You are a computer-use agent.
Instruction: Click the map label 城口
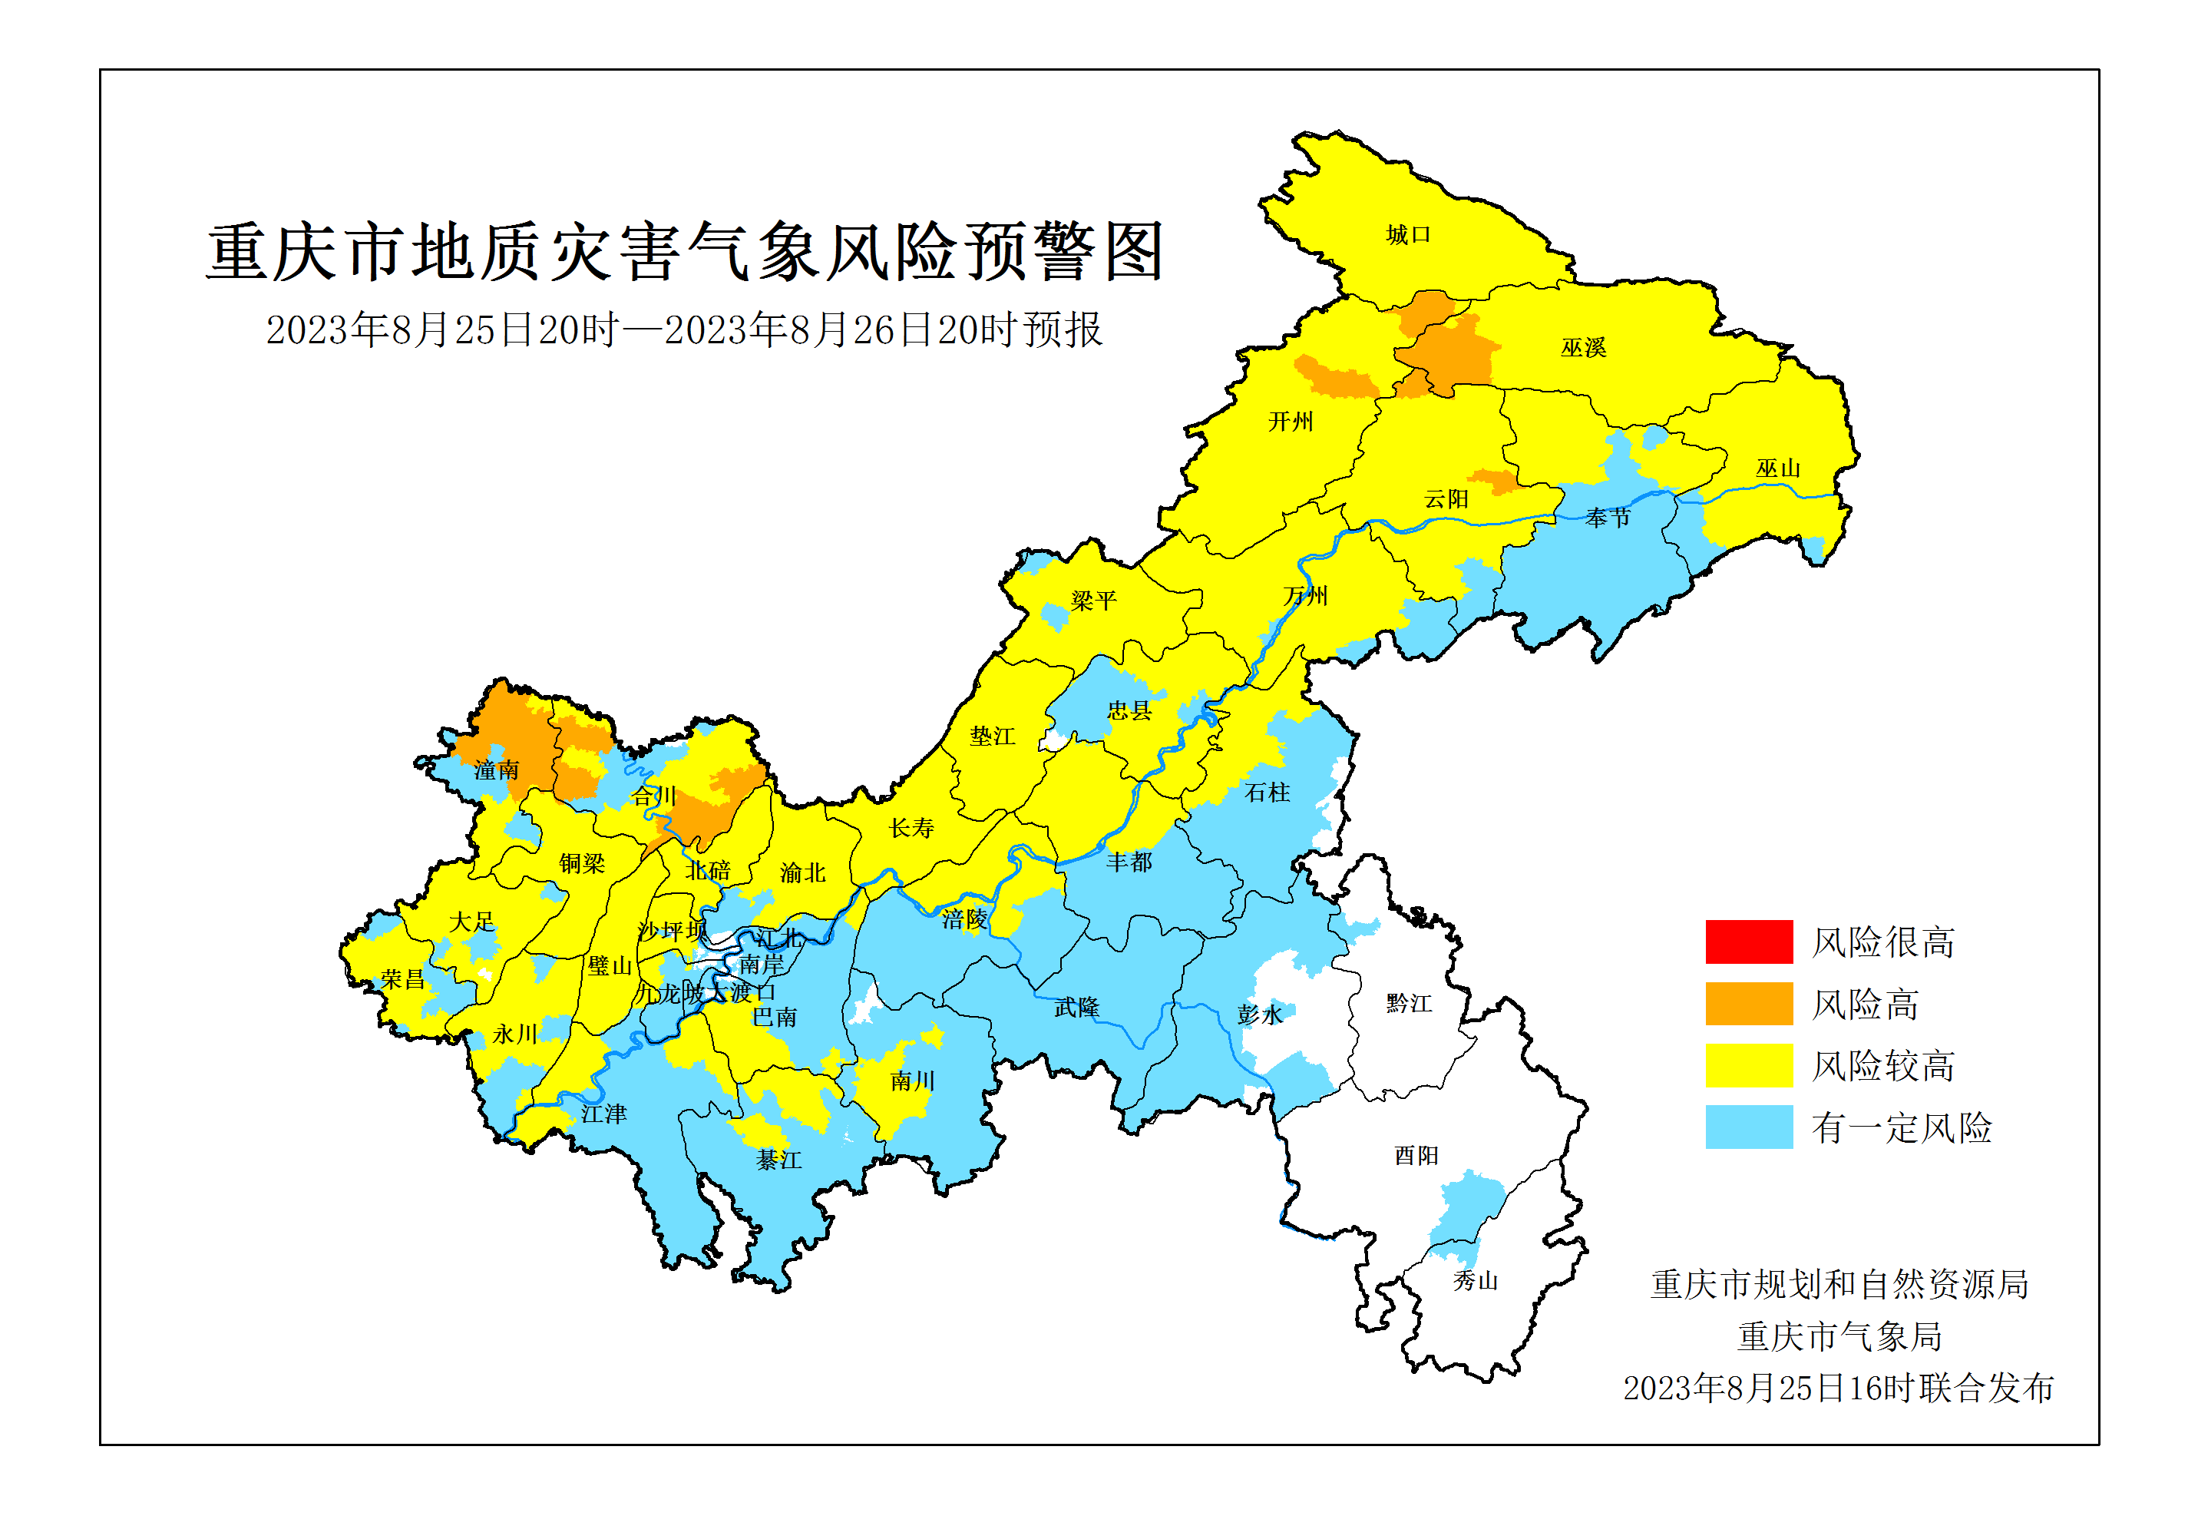point(1407,235)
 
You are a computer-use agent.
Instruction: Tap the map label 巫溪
point(1583,348)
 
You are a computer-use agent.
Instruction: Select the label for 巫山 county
point(1777,468)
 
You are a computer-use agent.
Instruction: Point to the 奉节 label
point(1608,518)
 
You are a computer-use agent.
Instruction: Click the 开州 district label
point(1291,421)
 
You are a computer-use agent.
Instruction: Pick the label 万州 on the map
point(1304,596)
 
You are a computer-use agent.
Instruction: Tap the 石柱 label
point(1267,793)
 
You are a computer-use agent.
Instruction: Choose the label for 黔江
point(1408,1003)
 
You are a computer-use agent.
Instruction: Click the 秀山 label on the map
point(1475,1280)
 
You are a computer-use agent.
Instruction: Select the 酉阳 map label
point(1416,1155)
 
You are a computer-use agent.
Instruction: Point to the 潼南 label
point(497,770)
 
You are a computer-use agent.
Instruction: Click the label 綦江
point(778,1159)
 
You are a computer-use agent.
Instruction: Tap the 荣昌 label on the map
point(402,978)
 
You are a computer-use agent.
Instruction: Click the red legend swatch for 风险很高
point(1748,942)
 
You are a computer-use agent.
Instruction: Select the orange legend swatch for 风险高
point(1748,1003)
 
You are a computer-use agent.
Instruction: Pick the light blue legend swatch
point(1748,1127)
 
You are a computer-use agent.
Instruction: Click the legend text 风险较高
point(1882,1066)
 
